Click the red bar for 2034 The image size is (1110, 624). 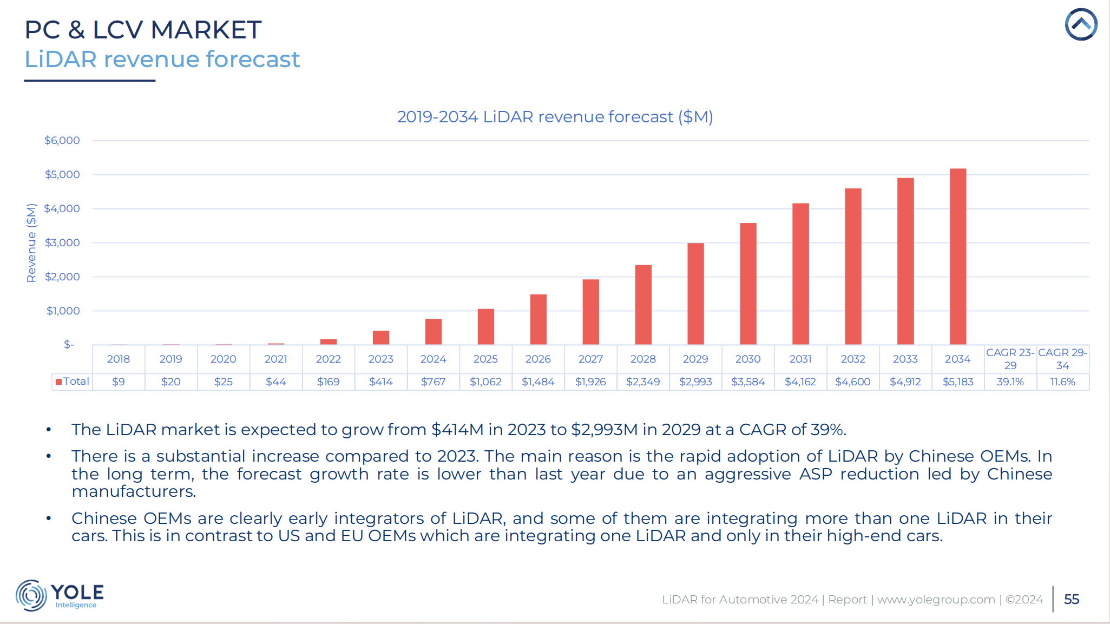click(957, 257)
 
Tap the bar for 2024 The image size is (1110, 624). click(433, 332)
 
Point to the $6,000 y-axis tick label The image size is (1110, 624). click(62, 141)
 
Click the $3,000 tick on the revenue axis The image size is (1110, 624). click(62, 243)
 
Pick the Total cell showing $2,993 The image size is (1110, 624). click(695, 382)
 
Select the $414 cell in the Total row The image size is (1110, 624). click(380, 382)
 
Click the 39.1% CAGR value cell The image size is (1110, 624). click(1010, 382)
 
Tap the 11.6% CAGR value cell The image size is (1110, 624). click(1062, 382)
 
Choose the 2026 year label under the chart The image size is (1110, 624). click(537, 359)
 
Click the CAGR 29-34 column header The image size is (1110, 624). click(1062, 359)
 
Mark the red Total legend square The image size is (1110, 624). click(58, 382)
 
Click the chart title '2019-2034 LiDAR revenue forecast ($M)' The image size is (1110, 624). click(555, 117)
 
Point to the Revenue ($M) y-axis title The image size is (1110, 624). click(31, 243)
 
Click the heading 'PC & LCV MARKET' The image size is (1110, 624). click(143, 30)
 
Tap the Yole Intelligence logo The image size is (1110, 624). click(60, 595)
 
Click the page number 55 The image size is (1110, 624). click(1071, 600)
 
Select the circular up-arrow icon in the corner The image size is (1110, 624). click(1081, 24)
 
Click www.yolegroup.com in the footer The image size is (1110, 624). click(936, 600)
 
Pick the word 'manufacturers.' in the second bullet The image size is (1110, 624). click(134, 491)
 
